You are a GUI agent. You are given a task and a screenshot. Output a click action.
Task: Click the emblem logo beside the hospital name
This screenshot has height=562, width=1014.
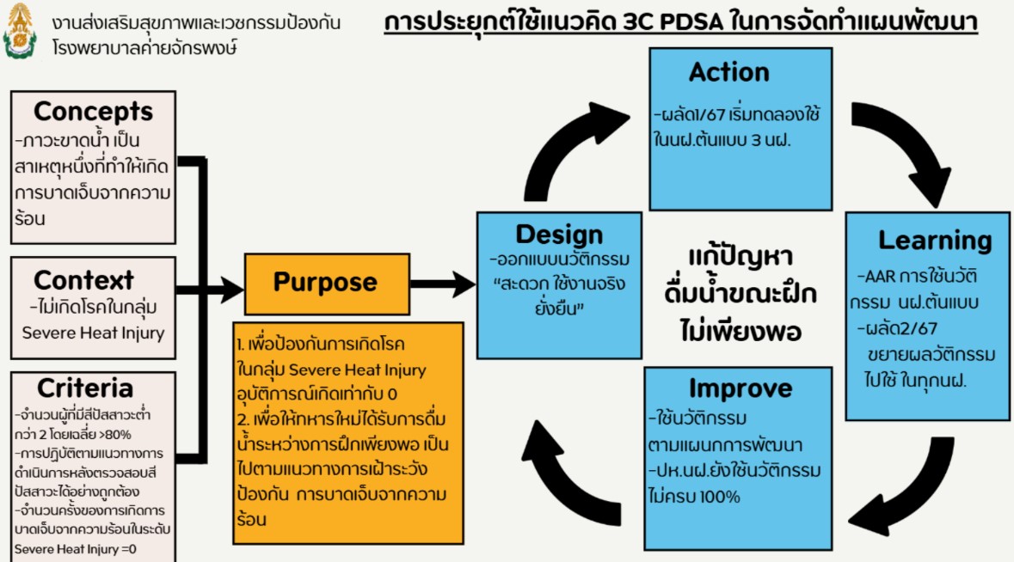pyautogui.click(x=20, y=31)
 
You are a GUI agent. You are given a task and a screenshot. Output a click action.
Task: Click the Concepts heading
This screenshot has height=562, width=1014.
pyautogui.click(x=93, y=111)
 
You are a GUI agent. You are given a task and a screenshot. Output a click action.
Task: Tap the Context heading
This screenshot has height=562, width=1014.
pyautogui.click(x=83, y=279)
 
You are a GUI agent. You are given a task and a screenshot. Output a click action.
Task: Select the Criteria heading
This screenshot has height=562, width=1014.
pyautogui.click(x=85, y=388)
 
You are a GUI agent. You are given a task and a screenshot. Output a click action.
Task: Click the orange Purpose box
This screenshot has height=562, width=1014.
pyautogui.click(x=327, y=284)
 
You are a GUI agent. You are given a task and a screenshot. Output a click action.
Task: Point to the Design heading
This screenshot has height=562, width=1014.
pyautogui.click(x=559, y=234)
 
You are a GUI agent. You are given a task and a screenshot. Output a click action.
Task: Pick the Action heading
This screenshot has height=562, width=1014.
pyautogui.click(x=728, y=71)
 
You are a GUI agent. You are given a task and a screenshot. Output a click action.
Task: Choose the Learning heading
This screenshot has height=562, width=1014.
pyautogui.click(x=935, y=241)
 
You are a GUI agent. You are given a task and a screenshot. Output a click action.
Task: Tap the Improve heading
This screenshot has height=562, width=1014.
pyautogui.click(x=740, y=388)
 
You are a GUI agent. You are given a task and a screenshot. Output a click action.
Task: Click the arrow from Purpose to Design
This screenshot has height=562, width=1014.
pyautogui.click(x=443, y=284)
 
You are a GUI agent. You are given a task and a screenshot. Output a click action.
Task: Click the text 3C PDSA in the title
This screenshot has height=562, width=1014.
pyautogui.click(x=673, y=22)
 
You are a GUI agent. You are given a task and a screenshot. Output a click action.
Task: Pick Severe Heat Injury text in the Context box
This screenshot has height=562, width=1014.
pyautogui.click(x=93, y=333)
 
